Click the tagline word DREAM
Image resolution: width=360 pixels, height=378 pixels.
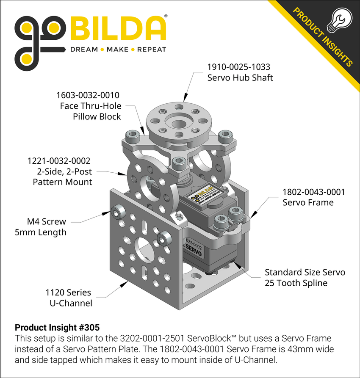coord(84,50)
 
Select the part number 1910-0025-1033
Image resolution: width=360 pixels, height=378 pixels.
coord(238,67)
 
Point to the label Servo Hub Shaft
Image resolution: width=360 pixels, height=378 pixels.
coord(240,78)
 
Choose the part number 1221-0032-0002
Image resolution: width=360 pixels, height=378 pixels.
coord(59,161)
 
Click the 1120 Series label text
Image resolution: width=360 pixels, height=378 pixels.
coord(68,292)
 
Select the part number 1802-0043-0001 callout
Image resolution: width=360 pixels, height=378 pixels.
coord(313,192)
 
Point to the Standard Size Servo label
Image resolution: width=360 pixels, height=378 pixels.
coord(305,272)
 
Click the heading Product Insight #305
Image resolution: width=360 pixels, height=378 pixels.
coord(57,328)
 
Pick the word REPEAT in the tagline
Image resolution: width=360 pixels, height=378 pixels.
coord(152,50)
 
